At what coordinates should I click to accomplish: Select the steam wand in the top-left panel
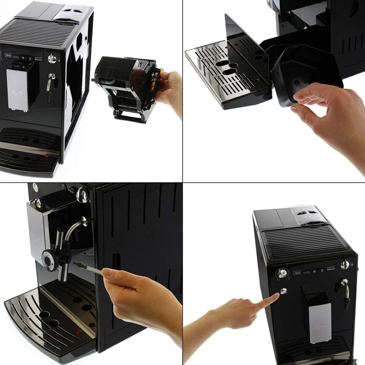(50, 85)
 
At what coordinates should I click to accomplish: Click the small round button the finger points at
(283, 290)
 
